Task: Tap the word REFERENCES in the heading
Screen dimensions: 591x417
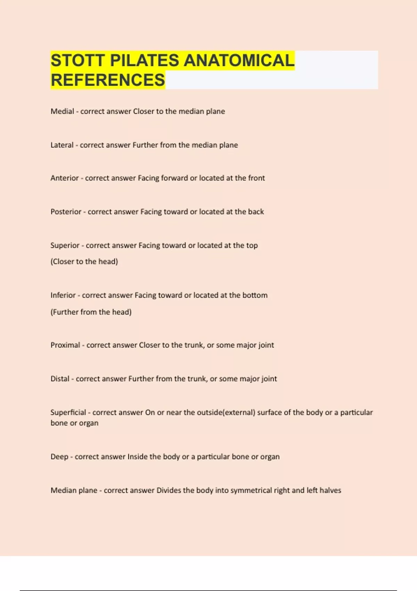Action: coord(108,80)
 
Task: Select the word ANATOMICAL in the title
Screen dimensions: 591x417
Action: coord(239,60)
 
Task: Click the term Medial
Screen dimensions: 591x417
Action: coord(62,111)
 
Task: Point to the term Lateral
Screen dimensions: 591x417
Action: coord(62,145)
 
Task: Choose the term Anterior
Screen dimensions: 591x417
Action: coord(65,178)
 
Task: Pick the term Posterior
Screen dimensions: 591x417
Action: coord(66,212)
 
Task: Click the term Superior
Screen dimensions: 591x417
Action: coord(65,245)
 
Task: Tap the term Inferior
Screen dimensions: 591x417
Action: coord(63,295)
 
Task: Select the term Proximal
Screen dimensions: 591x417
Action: coord(65,345)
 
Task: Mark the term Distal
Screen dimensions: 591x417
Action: coord(60,379)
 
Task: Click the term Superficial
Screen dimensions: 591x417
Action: coord(68,412)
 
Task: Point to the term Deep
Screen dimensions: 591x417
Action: coord(59,456)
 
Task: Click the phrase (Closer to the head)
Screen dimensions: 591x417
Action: coord(84,261)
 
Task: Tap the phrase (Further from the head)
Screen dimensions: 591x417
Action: coord(91,312)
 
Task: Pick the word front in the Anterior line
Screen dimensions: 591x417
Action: coord(256,178)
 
